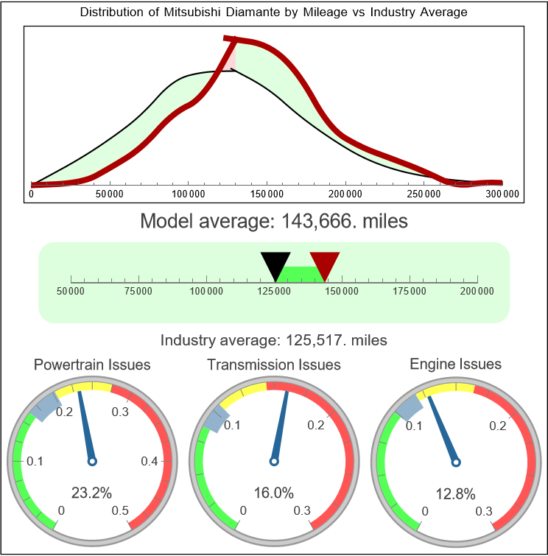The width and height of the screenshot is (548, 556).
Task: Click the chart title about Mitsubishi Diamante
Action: (273, 13)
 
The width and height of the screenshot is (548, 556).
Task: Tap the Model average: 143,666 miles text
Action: (273, 220)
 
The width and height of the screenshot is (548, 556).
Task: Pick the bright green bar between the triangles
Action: (300, 273)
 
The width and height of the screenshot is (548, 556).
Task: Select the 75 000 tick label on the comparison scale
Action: (138, 292)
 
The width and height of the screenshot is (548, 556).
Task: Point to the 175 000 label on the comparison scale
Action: (410, 292)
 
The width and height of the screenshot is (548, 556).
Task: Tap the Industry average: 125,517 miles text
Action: (273, 340)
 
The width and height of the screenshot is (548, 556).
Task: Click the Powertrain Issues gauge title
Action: (92, 365)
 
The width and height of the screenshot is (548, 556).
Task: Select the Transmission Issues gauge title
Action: (274, 365)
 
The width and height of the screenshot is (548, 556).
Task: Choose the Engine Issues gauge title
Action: (455, 364)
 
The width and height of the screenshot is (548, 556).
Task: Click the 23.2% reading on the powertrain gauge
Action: (91, 493)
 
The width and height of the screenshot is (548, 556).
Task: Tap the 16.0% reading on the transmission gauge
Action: (273, 493)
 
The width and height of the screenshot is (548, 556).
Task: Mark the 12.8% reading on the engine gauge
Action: (454, 493)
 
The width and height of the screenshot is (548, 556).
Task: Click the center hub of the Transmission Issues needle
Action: (274, 461)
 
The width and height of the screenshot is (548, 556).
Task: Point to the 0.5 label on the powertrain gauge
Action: (120, 511)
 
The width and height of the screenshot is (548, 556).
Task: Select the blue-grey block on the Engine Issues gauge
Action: (408, 405)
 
